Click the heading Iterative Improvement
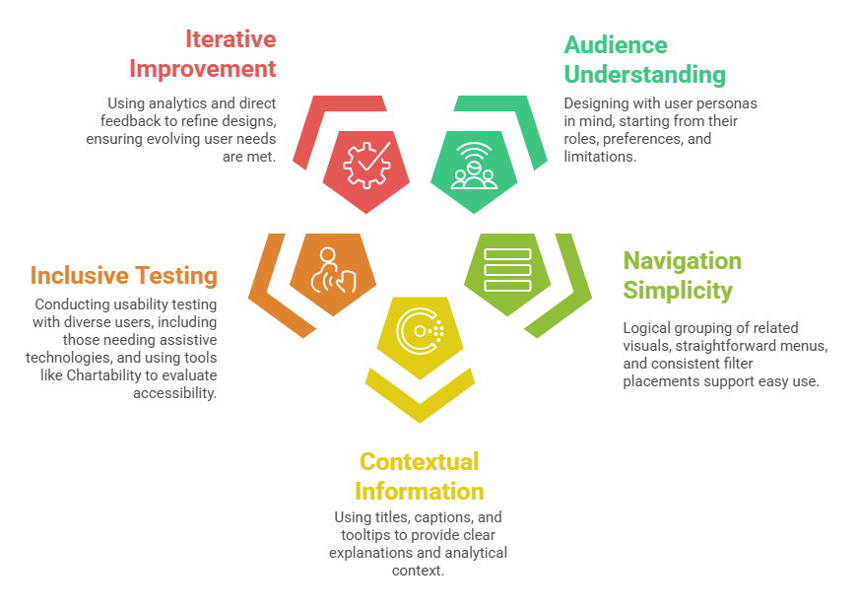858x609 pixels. (203, 54)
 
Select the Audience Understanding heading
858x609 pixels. (644, 59)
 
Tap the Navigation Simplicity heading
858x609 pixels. (682, 275)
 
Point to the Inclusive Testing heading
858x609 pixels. (123, 275)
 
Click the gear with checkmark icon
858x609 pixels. (366, 165)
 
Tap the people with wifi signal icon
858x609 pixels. (474, 165)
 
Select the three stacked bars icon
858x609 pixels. (507, 269)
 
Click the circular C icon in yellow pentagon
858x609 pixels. (420, 331)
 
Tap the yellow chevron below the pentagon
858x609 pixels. (420, 395)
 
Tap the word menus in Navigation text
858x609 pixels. (799, 346)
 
